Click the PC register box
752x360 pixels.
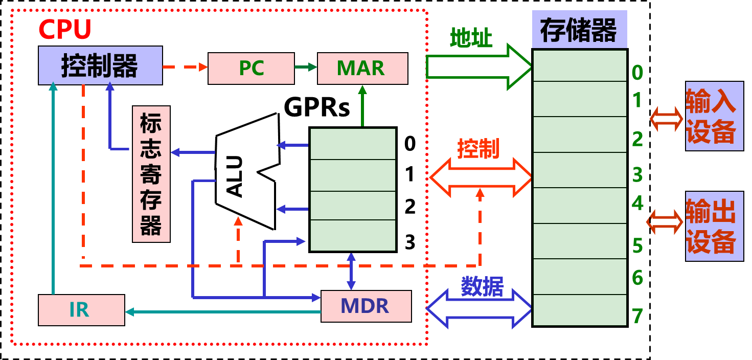pyautogui.click(x=251, y=68)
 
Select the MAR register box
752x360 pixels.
pyautogui.click(x=362, y=68)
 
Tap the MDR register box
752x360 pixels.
pyautogui.click(x=366, y=306)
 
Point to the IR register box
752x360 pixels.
pyautogui.click(x=82, y=310)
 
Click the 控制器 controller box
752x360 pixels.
pyautogui.click(x=100, y=65)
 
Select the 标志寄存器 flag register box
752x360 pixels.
pyautogui.click(x=151, y=174)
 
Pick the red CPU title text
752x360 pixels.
pyautogui.click(x=65, y=29)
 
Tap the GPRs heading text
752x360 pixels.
pyautogui.click(x=316, y=107)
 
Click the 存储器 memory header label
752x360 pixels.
pyautogui.click(x=579, y=30)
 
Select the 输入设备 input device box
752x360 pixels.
pyautogui.click(x=714, y=116)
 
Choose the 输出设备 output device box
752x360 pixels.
pyautogui.click(x=714, y=226)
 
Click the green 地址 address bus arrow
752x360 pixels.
pyautogui.click(x=479, y=67)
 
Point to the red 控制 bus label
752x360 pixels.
pyautogui.click(x=478, y=148)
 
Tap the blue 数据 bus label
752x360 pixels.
pyautogui.click(x=483, y=286)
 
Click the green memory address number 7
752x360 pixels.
pyautogui.click(x=637, y=316)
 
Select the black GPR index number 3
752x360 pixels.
pyautogui.click(x=410, y=242)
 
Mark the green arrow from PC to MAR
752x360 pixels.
pyautogui.click(x=306, y=67)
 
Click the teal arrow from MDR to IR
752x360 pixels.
pyautogui.click(x=223, y=312)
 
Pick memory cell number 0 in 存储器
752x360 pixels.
pyautogui.click(x=580, y=65)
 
